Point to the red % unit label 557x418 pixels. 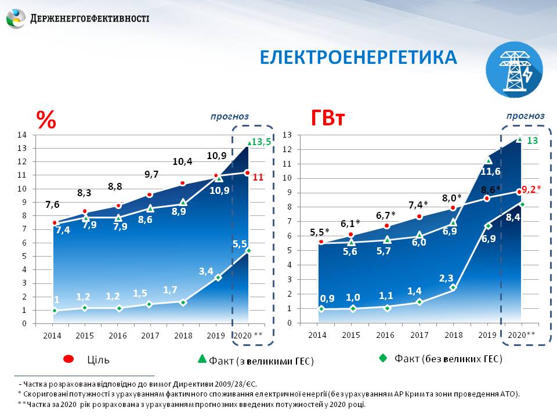pos(46,120)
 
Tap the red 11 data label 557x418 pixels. pos(258,177)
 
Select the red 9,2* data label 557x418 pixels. pos(531,189)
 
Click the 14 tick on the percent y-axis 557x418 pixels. pos(23,135)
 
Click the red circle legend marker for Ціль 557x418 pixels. pos(68,360)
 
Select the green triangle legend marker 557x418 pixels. pos(202,359)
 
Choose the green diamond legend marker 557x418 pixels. pos(382,359)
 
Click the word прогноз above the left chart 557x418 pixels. pos(230,117)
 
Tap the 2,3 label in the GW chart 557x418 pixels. pos(446,278)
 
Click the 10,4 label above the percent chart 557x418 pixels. pos(182,161)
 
